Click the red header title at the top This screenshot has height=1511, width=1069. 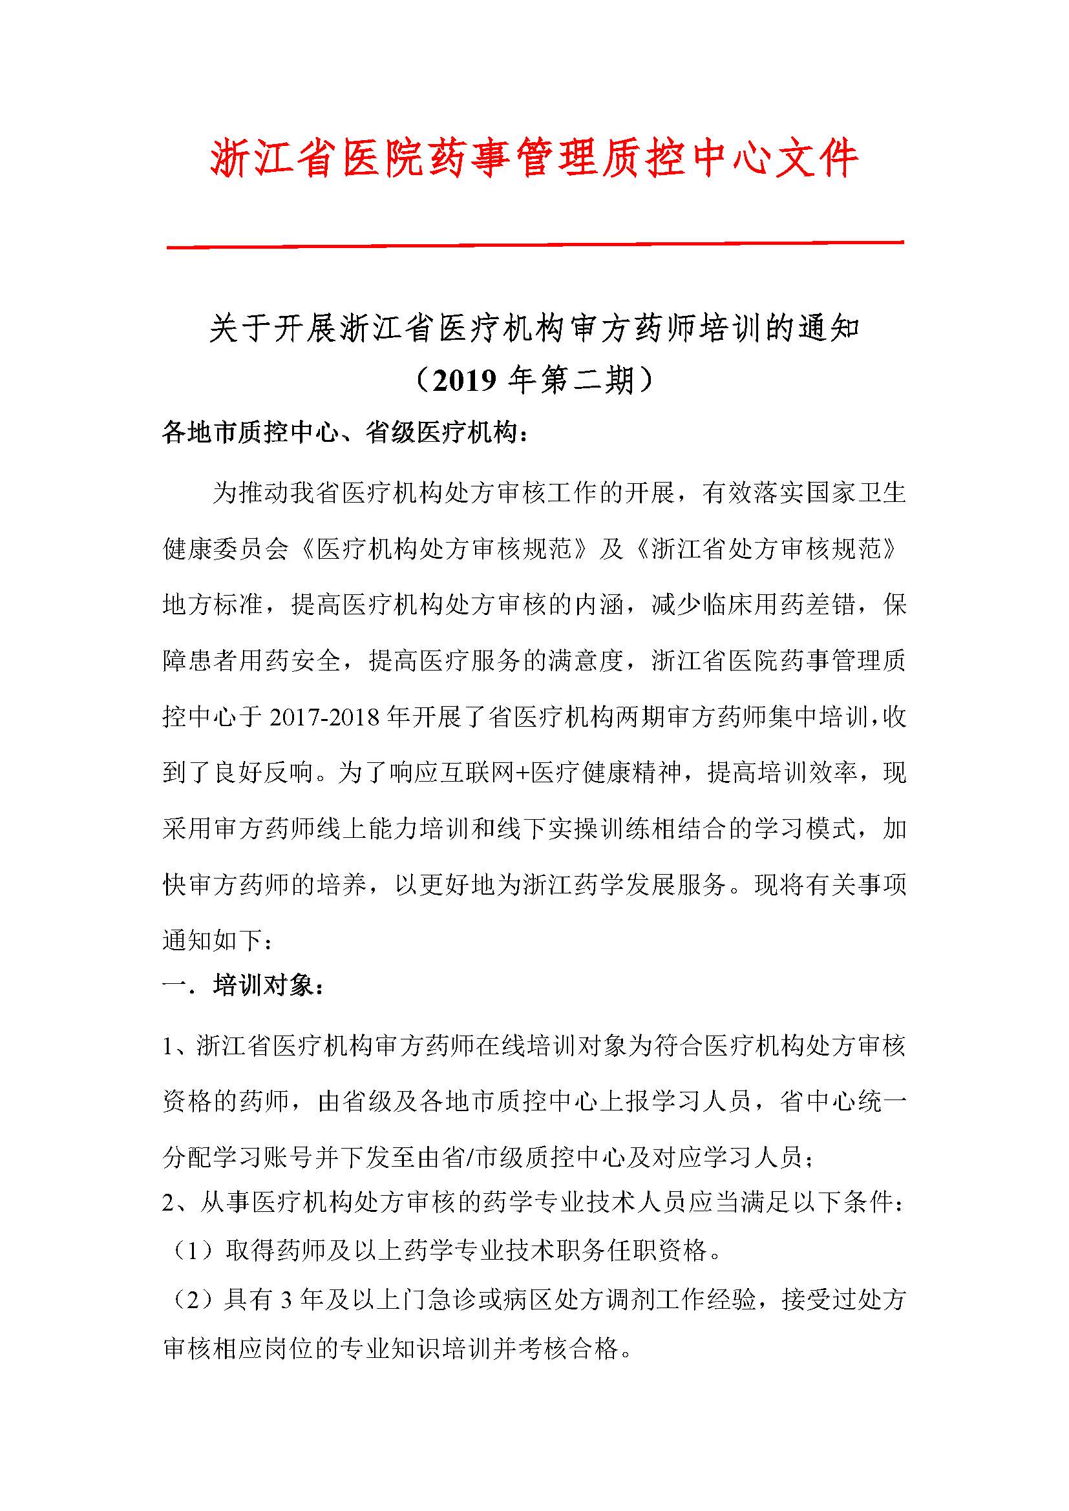coord(534,160)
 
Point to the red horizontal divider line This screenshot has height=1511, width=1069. coord(534,245)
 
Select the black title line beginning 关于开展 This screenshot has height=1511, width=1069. coord(534,328)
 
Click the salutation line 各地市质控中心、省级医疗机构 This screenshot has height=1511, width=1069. coord(344,434)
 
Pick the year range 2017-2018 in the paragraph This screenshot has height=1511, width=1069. coord(326,716)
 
